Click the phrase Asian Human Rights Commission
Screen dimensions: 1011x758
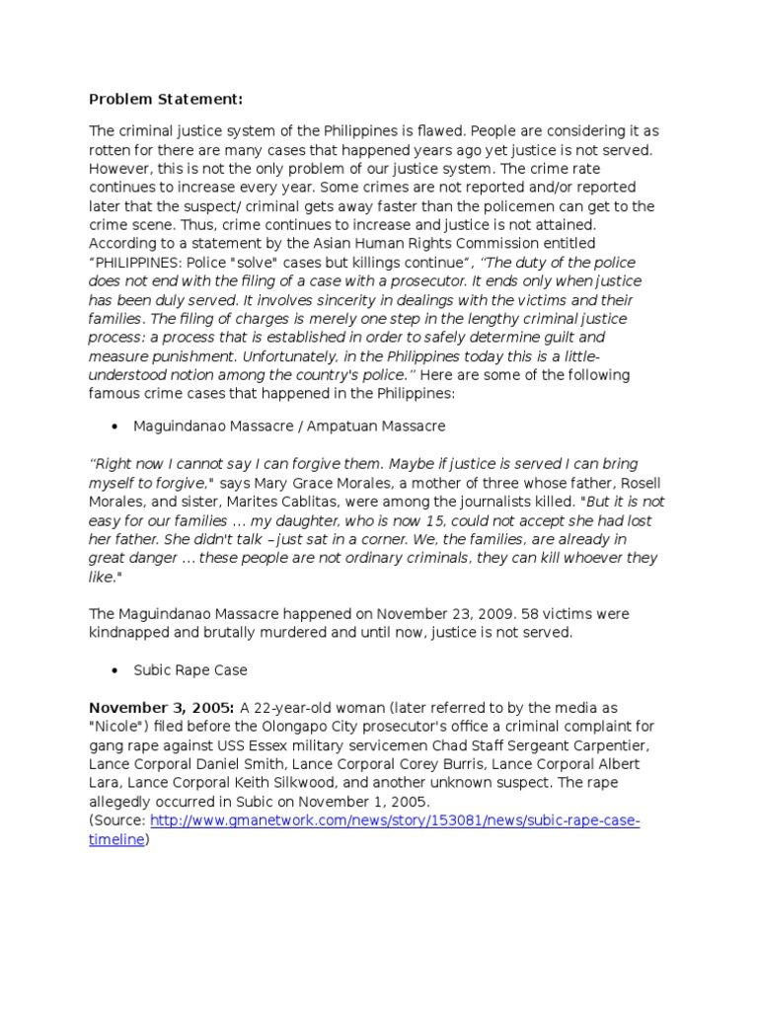393,243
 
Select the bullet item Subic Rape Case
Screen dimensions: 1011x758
190,669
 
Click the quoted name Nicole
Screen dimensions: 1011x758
115,726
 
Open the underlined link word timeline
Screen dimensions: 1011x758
116,839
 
